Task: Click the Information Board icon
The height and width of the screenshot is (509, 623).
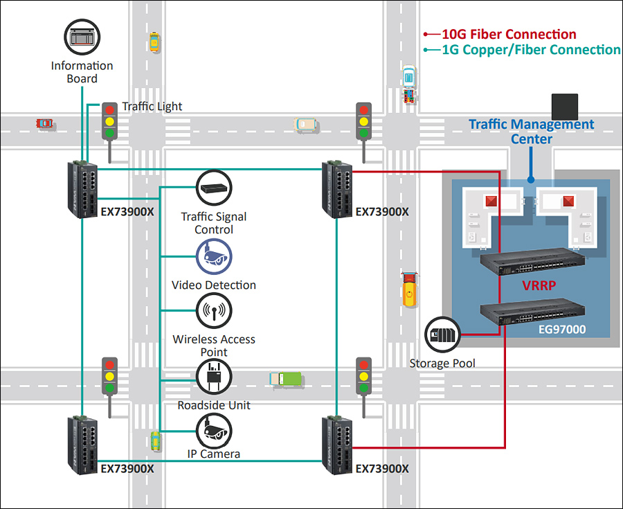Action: coord(82,37)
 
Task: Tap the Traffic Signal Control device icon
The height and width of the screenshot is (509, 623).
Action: coord(214,187)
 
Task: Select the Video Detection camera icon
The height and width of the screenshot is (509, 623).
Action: coord(214,257)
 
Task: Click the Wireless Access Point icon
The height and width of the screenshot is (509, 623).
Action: coord(214,311)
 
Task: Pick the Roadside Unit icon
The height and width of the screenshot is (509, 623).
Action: coord(214,377)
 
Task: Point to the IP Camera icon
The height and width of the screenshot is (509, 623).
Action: coord(214,431)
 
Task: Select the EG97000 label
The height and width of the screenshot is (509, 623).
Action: coord(562,330)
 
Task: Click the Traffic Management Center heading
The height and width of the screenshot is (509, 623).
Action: coord(531,132)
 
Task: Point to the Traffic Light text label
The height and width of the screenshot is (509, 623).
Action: coord(152,107)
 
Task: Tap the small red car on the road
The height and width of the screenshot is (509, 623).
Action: coord(45,123)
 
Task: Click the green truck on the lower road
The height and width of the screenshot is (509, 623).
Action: coord(287,379)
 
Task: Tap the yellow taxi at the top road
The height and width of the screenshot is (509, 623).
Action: coord(153,42)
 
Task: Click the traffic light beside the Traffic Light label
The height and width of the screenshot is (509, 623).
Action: coord(109,122)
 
